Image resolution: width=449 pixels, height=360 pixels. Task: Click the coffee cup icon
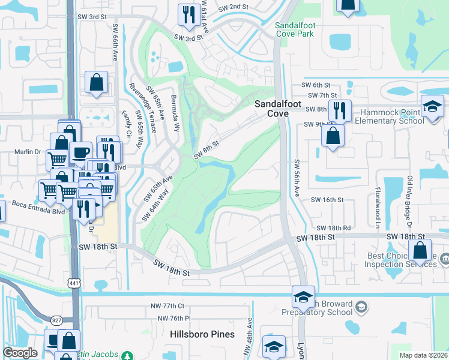tap(80, 152)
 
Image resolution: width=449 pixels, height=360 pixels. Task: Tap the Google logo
tap(20, 353)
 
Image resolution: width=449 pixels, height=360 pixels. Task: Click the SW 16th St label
tap(327, 200)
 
